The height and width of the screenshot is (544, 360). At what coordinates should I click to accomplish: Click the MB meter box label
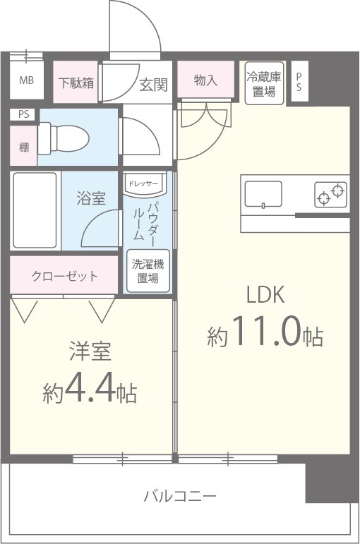(x=26, y=80)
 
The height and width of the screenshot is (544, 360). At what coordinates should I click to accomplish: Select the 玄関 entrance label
(x=152, y=85)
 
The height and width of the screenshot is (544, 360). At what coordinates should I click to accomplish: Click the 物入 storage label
(x=205, y=80)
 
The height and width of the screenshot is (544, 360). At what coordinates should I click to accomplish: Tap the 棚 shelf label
(x=24, y=147)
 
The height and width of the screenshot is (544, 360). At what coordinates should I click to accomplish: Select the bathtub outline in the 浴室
(x=34, y=210)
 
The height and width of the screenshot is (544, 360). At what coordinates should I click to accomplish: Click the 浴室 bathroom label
(x=91, y=198)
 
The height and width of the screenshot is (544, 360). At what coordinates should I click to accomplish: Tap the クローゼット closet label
(x=64, y=276)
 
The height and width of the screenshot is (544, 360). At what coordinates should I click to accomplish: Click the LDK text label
(x=265, y=295)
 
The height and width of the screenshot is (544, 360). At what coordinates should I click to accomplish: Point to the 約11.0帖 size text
(x=265, y=334)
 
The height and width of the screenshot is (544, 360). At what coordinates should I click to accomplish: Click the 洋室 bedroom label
(x=90, y=351)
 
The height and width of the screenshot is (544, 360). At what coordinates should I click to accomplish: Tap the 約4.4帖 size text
(x=90, y=390)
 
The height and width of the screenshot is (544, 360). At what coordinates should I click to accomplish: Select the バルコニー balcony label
(x=180, y=494)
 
